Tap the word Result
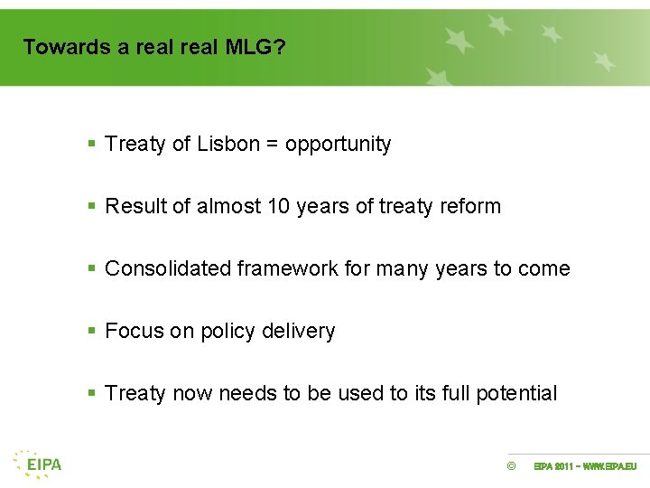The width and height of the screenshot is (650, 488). (135, 207)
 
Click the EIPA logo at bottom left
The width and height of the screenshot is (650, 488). (38, 464)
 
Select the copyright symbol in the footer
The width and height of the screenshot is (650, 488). (511, 466)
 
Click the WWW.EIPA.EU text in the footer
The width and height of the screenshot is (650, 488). (610, 466)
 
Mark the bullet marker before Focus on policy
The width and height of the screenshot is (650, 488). (91, 332)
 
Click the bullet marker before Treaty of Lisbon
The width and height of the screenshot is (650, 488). (91, 145)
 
